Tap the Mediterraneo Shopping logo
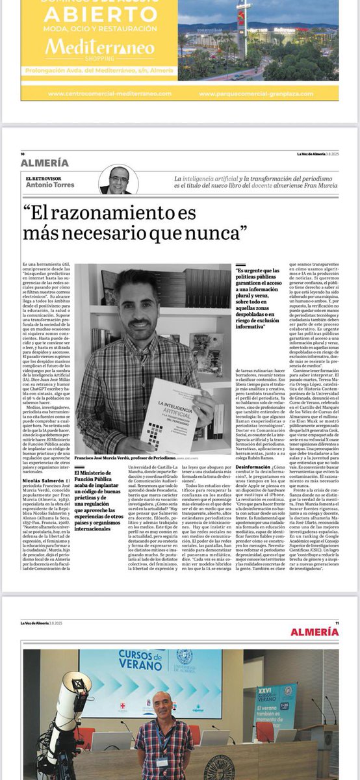99,50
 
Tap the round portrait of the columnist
119,180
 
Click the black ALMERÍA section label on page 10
44,163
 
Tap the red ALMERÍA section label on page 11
315,632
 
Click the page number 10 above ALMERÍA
23,154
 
